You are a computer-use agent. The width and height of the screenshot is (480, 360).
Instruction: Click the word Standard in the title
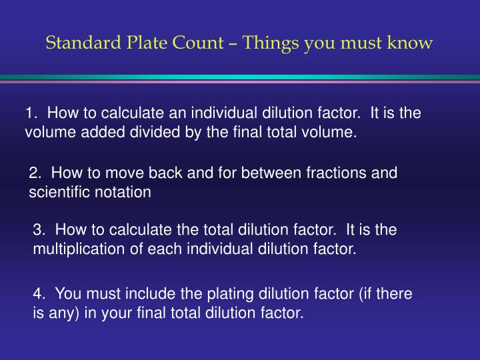coord(83,42)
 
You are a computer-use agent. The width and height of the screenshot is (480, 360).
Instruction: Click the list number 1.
coord(31,113)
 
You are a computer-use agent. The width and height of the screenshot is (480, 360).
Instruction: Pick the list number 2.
coord(35,173)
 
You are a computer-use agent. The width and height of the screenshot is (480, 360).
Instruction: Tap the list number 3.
coord(39,229)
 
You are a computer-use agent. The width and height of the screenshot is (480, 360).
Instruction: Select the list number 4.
coord(39,293)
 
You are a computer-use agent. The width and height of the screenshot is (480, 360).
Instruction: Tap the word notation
coord(123,192)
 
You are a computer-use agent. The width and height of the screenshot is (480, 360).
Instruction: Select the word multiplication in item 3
coord(79,249)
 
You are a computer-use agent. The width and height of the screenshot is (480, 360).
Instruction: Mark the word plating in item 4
coord(230,294)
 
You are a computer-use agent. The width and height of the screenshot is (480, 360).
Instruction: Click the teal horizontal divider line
coord(240,77)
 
